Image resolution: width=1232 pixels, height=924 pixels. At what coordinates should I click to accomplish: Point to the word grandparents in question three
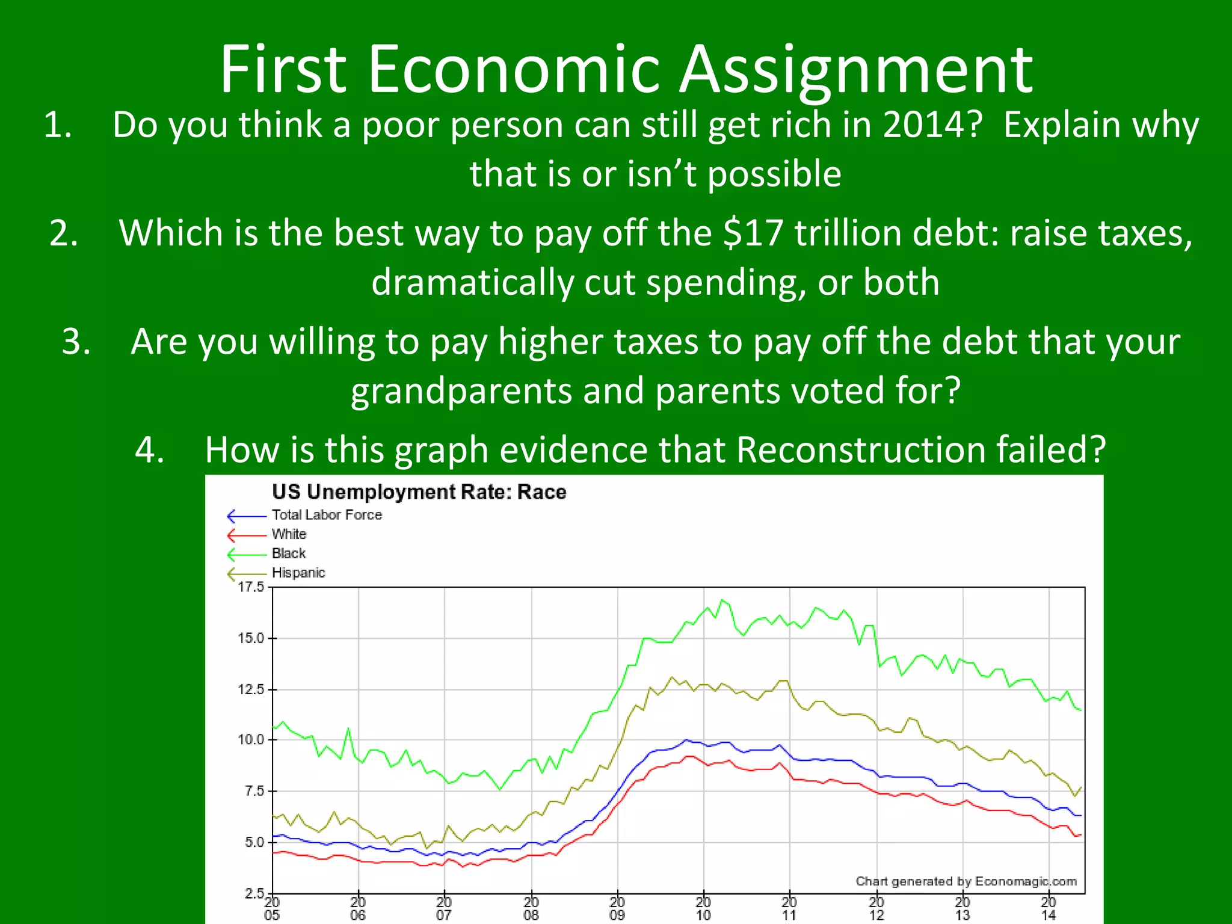coord(461,391)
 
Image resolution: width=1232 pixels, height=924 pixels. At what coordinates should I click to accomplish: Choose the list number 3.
coord(76,342)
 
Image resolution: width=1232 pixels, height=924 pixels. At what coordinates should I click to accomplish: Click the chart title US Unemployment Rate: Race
coord(419,492)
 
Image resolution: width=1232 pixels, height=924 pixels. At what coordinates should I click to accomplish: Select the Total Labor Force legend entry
coord(326,515)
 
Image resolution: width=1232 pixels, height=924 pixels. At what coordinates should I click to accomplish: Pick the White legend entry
coord(289,534)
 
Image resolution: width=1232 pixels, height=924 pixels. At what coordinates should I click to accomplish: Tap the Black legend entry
coord(289,553)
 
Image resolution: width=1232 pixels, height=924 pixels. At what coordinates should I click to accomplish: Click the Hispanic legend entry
coord(298,573)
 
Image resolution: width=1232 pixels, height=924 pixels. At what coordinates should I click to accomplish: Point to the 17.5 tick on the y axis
coord(251,587)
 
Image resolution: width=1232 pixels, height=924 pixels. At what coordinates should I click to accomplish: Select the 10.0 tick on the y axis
coord(251,740)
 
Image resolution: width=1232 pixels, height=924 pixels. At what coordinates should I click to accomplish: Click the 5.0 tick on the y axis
coord(254,842)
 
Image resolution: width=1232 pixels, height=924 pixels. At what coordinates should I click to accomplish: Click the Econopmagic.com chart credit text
coord(966,881)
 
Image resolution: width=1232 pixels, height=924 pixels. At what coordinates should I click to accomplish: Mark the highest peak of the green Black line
coord(722,600)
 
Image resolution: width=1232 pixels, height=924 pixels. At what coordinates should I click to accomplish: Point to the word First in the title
coord(283,70)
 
